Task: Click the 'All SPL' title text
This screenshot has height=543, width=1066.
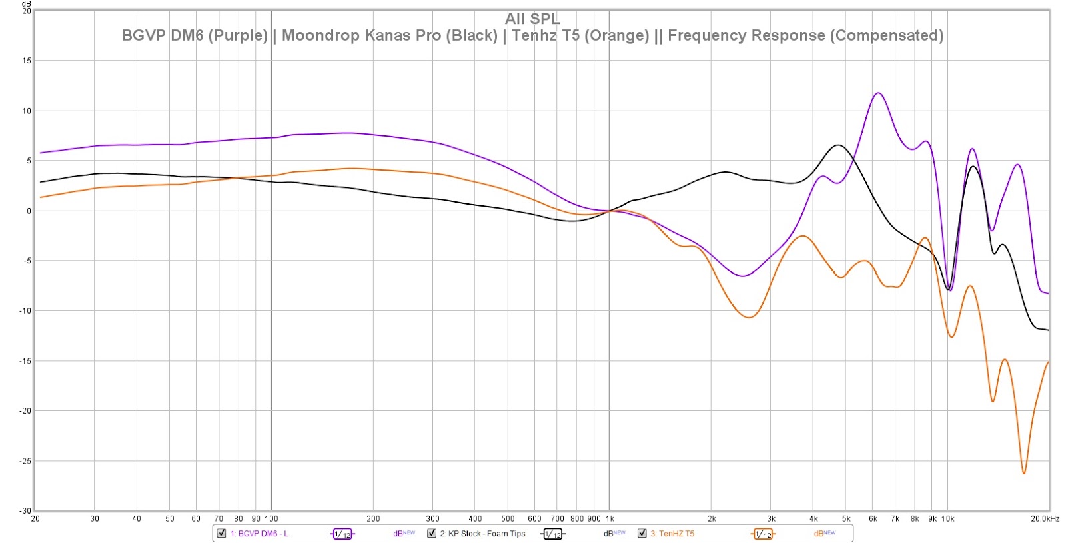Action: point(532,19)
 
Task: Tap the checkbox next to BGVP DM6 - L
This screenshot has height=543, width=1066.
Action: point(222,533)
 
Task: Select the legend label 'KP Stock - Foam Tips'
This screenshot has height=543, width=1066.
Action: point(482,534)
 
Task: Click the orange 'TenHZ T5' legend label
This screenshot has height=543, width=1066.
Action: point(672,534)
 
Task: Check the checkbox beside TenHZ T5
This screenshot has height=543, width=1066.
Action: point(642,533)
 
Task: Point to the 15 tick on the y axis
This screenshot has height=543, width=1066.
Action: point(27,61)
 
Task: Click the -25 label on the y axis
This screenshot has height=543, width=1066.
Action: point(25,461)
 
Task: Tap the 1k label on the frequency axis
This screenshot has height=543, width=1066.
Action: point(609,518)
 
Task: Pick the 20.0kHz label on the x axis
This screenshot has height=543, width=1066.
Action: point(1045,518)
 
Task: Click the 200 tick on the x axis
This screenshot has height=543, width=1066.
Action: point(373,518)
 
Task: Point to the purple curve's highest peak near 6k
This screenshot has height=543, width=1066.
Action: point(878,93)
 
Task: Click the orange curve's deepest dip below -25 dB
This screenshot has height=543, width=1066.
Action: point(1024,473)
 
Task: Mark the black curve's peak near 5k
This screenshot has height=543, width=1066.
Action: point(838,145)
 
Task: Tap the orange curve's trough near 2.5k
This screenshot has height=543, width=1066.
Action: point(749,317)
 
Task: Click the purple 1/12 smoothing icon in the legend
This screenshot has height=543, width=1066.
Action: point(342,534)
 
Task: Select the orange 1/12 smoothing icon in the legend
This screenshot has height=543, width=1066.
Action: point(763,534)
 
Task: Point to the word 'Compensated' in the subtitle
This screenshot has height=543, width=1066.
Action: point(886,35)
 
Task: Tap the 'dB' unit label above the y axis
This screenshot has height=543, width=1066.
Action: point(27,4)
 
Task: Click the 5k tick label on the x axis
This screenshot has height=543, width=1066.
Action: point(846,518)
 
